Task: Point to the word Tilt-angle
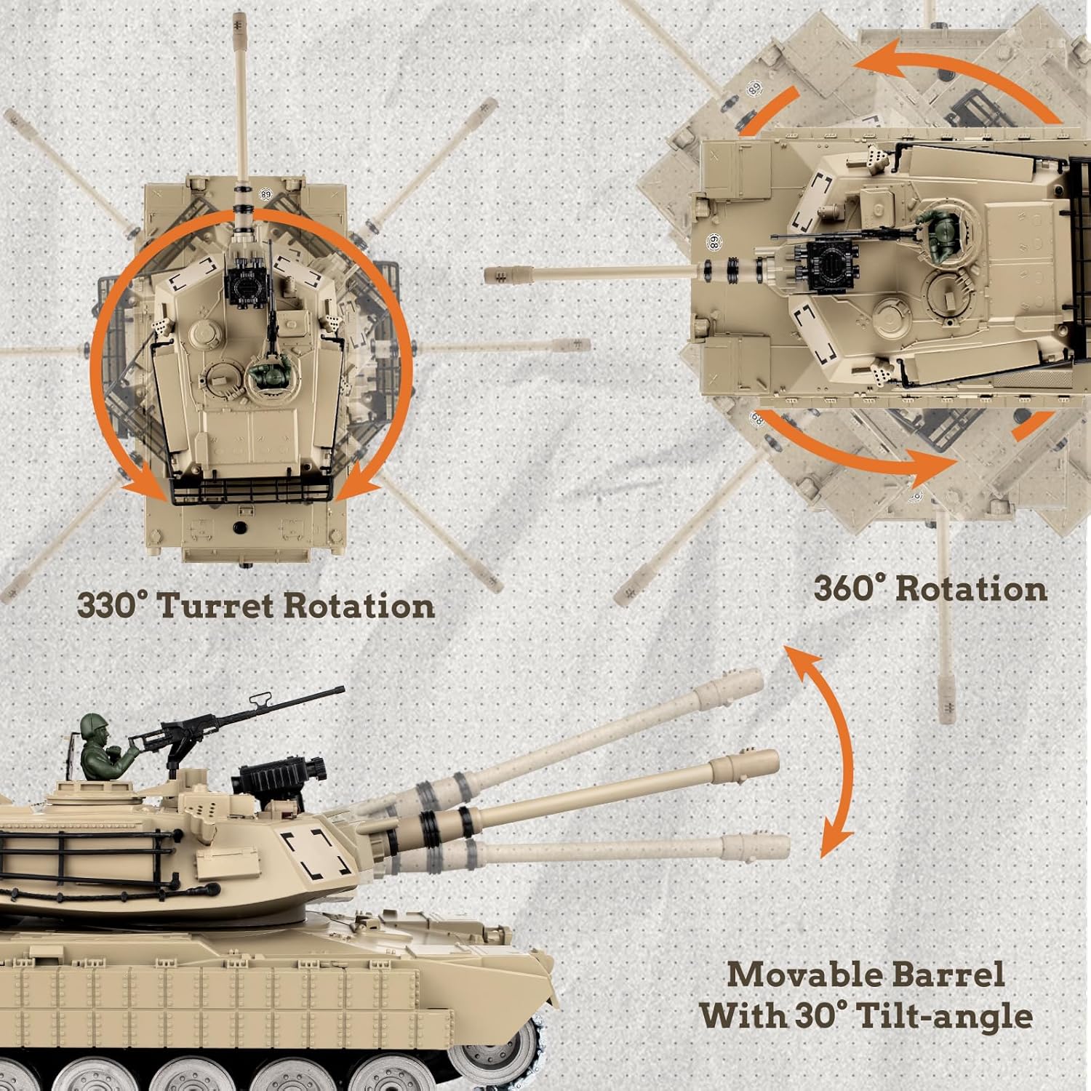(945, 1016)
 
